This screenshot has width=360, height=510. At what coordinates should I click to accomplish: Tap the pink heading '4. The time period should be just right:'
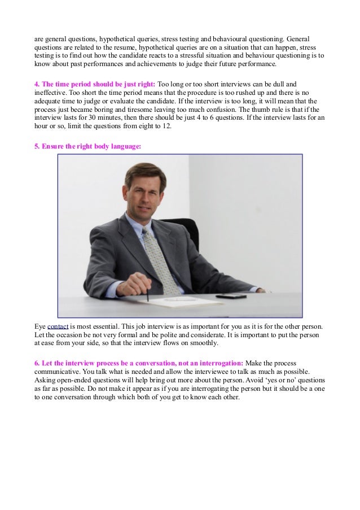[x=95, y=84]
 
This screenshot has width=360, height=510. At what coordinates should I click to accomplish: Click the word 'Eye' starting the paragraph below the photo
[x=39, y=326]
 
